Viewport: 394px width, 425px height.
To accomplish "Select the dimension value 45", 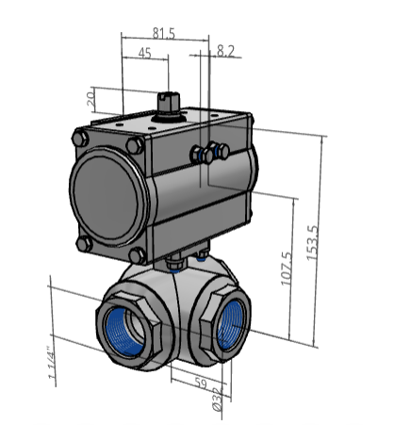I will [145, 54].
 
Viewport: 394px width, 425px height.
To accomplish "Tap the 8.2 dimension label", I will [225, 52].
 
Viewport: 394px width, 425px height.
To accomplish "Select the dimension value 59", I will [199, 383].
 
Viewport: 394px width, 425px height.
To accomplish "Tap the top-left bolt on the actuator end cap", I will [80, 139].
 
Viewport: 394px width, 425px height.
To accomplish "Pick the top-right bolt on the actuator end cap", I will [136, 145].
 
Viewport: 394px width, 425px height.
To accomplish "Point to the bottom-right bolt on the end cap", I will [139, 255].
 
